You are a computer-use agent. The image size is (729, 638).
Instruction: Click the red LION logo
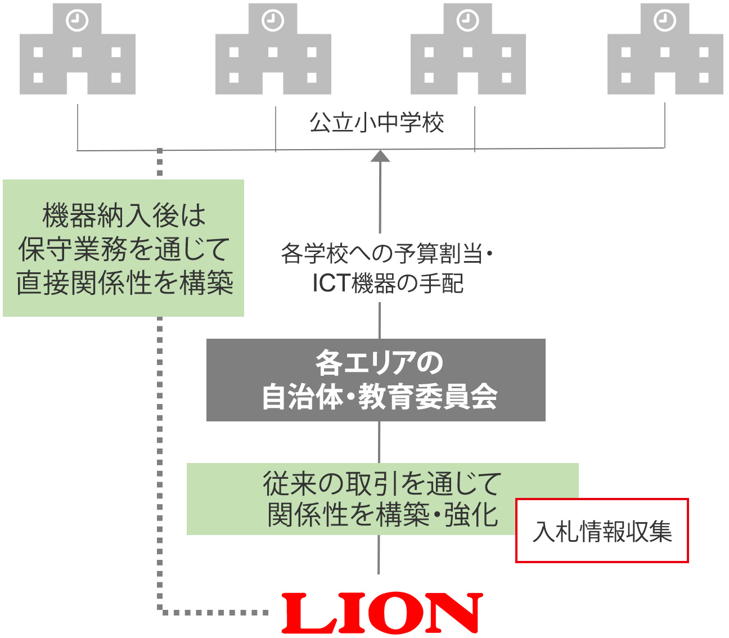(382, 613)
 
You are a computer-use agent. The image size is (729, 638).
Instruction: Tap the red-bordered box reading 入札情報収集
(602, 531)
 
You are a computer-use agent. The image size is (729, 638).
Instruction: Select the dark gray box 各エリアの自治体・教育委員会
(376, 380)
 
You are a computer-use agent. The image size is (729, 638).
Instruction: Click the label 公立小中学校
(376, 123)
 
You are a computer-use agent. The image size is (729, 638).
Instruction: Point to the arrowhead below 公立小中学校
(381, 156)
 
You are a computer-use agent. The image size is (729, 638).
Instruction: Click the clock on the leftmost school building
(77, 21)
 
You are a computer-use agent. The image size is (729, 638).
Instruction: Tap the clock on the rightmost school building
(664, 21)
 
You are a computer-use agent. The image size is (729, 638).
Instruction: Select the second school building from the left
(273, 51)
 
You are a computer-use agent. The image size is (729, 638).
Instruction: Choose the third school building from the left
(468, 51)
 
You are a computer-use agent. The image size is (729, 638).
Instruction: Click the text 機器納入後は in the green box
(124, 215)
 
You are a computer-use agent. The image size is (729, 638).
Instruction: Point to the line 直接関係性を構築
(124, 283)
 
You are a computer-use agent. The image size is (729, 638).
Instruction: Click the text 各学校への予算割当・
(386, 254)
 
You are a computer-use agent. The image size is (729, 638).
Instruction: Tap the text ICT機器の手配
(388, 284)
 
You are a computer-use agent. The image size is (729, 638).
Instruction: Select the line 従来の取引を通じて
(382, 483)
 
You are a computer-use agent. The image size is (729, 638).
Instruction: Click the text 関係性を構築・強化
(382, 514)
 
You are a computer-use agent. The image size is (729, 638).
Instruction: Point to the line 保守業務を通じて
(124, 249)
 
